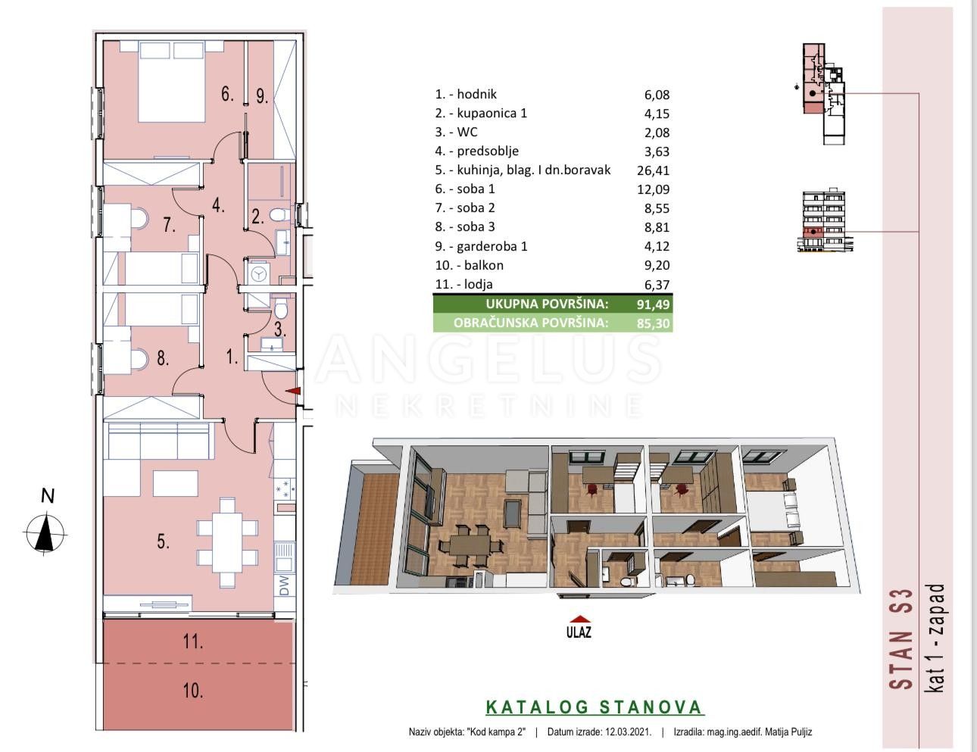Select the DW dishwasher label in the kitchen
point(284,585)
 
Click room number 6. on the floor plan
point(227,94)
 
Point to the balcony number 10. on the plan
point(193,691)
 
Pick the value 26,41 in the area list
point(653,170)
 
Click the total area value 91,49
point(654,304)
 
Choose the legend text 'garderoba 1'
point(492,246)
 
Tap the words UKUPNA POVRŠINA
point(547,304)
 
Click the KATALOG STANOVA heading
point(595,707)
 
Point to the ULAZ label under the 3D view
point(579,632)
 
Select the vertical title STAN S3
point(901,639)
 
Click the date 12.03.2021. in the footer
point(626,732)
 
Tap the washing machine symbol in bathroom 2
point(258,273)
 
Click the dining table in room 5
point(227,542)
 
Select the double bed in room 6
point(172,81)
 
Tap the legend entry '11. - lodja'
point(464,285)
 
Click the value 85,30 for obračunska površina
point(654,323)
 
